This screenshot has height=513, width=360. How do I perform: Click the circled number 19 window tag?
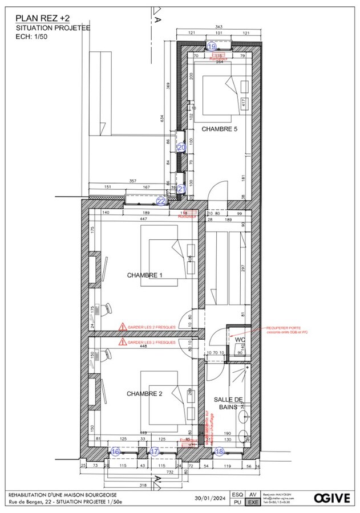pyautogui.click(x=212, y=46)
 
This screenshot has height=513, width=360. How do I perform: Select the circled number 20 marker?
pyautogui.click(x=181, y=147)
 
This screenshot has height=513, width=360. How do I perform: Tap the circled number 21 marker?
pyautogui.click(x=181, y=189)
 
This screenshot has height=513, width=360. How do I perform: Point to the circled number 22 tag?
pyautogui.click(x=161, y=201)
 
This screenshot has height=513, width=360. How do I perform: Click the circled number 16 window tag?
pyautogui.click(x=116, y=451)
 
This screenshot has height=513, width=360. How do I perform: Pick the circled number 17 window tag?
pyautogui.click(x=154, y=451)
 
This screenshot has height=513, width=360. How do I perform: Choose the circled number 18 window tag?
pyautogui.click(x=220, y=451)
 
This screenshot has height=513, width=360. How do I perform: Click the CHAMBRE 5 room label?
pyautogui.click(x=219, y=129)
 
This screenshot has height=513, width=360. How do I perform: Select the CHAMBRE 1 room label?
pyautogui.click(x=144, y=275)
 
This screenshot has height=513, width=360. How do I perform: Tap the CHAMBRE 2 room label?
pyautogui.click(x=144, y=393)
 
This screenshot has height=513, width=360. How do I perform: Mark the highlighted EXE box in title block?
pyautogui.click(x=252, y=502)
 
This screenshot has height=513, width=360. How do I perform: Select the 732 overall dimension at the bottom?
pyautogui.click(x=170, y=473)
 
